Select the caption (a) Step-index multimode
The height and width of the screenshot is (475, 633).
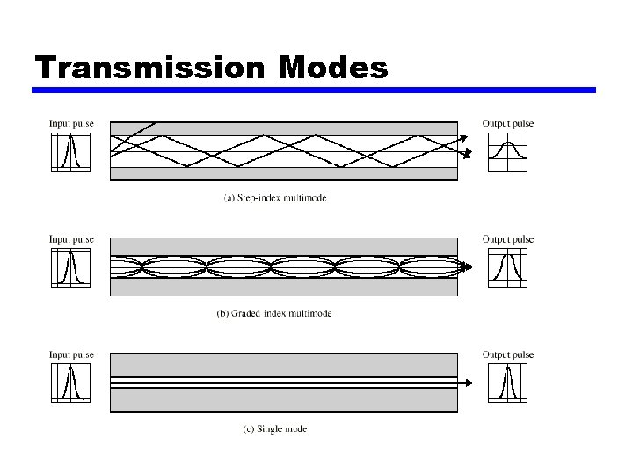pyautogui.click(x=275, y=198)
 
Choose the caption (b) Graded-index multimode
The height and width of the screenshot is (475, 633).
pyautogui.click(x=274, y=313)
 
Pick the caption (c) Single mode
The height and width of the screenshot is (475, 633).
pyautogui.click(x=275, y=429)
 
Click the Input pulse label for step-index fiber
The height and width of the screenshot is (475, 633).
pyautogui.click(x=71, y=123)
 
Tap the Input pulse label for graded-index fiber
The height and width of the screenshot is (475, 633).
pyautogui.click(x=71, y=239)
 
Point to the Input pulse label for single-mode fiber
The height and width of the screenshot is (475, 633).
pyautogui.click(x=71, y=354)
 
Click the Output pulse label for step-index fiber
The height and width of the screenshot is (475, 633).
pyautogui.click(x=508, y=123)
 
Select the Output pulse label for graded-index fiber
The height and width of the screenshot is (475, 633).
pyautogui.click(x=508, y=239)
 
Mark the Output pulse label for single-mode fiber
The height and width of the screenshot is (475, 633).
pyautogui.click(x=508, y=354)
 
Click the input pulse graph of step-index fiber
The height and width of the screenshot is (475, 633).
pyautogui.click(x=70, y=151)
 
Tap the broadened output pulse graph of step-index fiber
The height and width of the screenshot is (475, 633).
pyautogui.click(x=506, y=151)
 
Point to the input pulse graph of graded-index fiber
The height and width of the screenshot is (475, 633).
pyautogui.click(x=70, y=267)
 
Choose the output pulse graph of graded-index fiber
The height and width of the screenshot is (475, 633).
pyautogui.click(x=507, y=267)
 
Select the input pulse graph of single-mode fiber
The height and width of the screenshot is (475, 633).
pyautogui.click(x=70, y=383)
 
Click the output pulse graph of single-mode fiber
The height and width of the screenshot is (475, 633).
pyautogui.click(x=507, y=383)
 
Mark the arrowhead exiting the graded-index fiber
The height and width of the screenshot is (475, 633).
pyautogui.click(x=469, y=267)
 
